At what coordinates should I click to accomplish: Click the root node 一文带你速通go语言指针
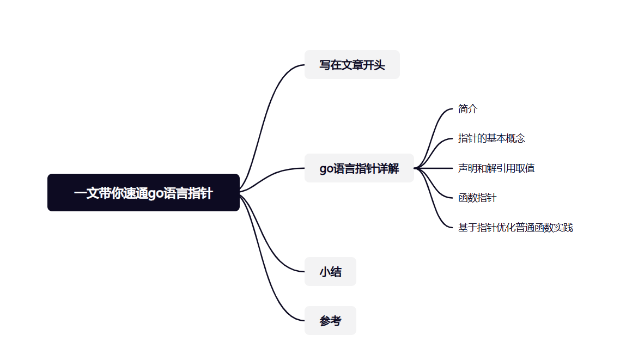(143, 193)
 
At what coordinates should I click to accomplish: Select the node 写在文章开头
(352, 65)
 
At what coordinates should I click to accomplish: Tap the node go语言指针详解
(359, 168)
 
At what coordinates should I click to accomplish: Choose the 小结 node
(330, 272)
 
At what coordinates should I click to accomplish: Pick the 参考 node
(330, 321)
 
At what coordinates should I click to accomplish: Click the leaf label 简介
(468, 109)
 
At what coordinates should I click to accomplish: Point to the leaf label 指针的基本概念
(491, 138)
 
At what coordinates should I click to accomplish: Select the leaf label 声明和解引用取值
(496, 168)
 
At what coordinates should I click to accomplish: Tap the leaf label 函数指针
(477, 198)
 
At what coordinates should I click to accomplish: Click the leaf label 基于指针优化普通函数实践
(515, 228)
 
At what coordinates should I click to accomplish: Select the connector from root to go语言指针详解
(272, 174)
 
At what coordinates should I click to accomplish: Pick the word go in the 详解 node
(326, 169)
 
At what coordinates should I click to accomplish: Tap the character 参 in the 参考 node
(325, 321)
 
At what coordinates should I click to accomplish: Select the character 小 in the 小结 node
(325, 272)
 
